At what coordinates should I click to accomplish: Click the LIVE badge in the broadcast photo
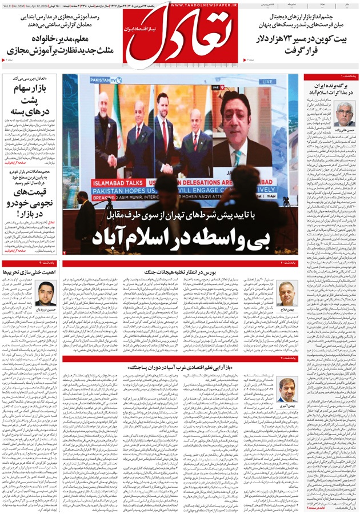(x=267, y=82)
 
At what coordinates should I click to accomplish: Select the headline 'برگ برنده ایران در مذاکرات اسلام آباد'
(x=330, y=88)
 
